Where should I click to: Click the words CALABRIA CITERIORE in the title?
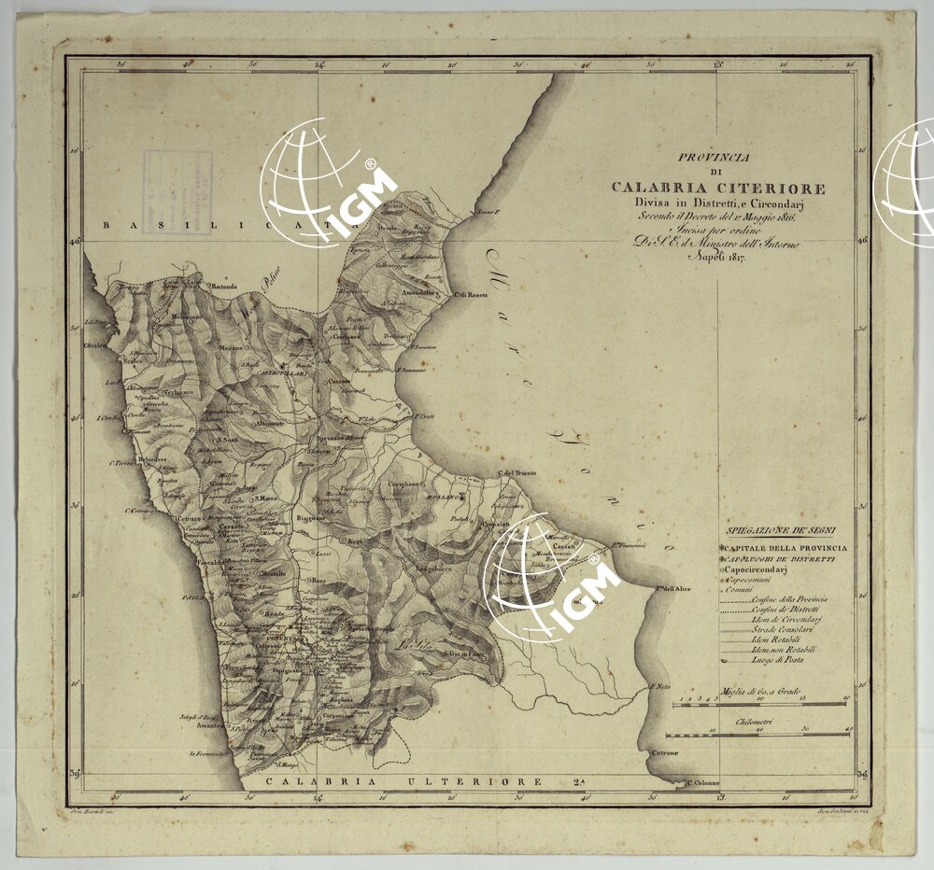pos(718,189)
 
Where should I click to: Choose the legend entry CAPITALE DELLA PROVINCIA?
pos(785,547)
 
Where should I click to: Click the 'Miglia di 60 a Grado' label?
pos(761,692)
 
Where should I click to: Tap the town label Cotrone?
pos(665,752)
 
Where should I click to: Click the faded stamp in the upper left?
pos(177,190)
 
